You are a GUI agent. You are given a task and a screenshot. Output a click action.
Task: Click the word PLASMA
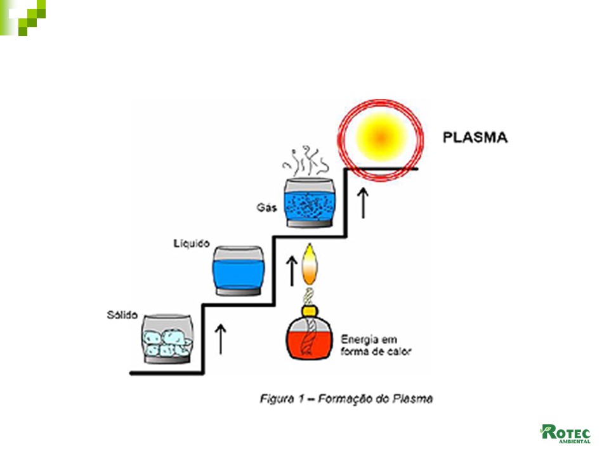pos(476,137)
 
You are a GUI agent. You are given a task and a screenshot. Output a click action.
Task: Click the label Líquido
pos(191,243)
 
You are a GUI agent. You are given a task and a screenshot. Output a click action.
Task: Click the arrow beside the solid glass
pos(221,338)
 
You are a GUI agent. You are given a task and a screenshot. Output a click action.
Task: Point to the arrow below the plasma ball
pos(363,203)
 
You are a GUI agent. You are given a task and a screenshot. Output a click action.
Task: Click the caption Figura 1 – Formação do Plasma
pos(346,399)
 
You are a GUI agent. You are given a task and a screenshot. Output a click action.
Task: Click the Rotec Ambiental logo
pos(565,434)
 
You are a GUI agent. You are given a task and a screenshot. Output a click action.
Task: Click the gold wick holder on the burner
pos(308,310)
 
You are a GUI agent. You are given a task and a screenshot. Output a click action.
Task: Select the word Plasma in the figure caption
pos(416,399)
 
